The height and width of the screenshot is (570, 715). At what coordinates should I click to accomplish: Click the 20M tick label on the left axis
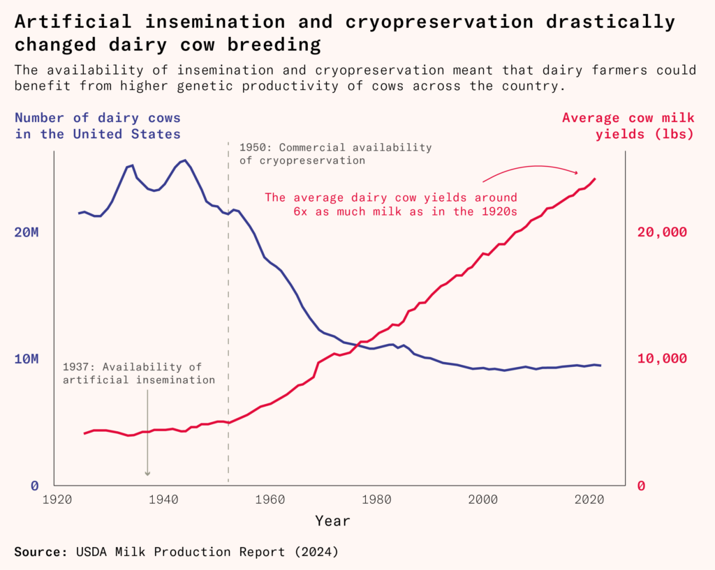[x=27, y=232]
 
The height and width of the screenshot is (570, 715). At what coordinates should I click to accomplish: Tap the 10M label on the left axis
[x=27, y=359]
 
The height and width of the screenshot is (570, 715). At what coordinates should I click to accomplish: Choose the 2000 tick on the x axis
[x=483, y=500]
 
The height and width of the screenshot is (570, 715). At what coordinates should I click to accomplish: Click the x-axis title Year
[x=332, y=520]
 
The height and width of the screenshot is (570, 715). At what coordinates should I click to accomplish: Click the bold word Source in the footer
[x=40, y=552]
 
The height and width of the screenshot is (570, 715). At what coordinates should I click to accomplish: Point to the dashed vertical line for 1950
[x=228, y=314]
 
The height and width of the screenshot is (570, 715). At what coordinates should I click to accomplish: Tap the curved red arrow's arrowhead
[x=577, y=172]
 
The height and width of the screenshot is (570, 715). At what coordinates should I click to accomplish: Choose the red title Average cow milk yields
[x=628, y=126]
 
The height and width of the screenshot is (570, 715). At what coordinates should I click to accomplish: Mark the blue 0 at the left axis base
[x=34, y=486]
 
